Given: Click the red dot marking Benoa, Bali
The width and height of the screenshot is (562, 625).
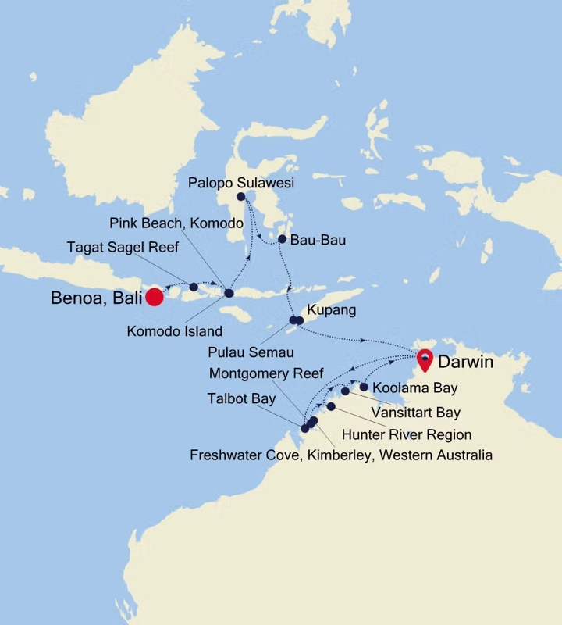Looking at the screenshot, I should (x=155, y=297).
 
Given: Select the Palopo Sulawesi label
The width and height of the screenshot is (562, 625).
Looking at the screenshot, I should (x=241, y=183).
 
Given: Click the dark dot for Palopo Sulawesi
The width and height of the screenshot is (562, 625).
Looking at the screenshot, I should (x=241, y=197).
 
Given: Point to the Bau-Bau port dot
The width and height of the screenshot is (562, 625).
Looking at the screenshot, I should (x=282, y=239).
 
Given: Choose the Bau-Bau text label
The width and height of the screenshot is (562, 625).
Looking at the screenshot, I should (x=317, y=240).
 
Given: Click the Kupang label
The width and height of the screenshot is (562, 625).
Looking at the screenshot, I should (x=332, y=310).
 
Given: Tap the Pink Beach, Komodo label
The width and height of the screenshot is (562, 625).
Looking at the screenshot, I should (x=176, y=223).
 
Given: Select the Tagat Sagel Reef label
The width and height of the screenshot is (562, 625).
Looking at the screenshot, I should (x=123, y=248).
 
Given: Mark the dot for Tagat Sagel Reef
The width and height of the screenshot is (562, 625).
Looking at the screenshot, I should (x=194, y=287).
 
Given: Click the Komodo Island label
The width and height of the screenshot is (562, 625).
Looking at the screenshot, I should (x=175, y=330).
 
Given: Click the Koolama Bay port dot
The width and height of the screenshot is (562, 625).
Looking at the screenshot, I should (x=364, y=386).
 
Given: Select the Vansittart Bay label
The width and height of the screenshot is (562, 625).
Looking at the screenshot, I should (x=416, y=412).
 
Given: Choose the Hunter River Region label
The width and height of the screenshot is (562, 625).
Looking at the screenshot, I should (x=407, y=434).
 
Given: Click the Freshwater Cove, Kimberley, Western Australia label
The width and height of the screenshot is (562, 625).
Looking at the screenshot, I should (x=341, y=455).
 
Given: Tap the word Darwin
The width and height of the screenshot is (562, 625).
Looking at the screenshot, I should (x=465, y=362).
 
